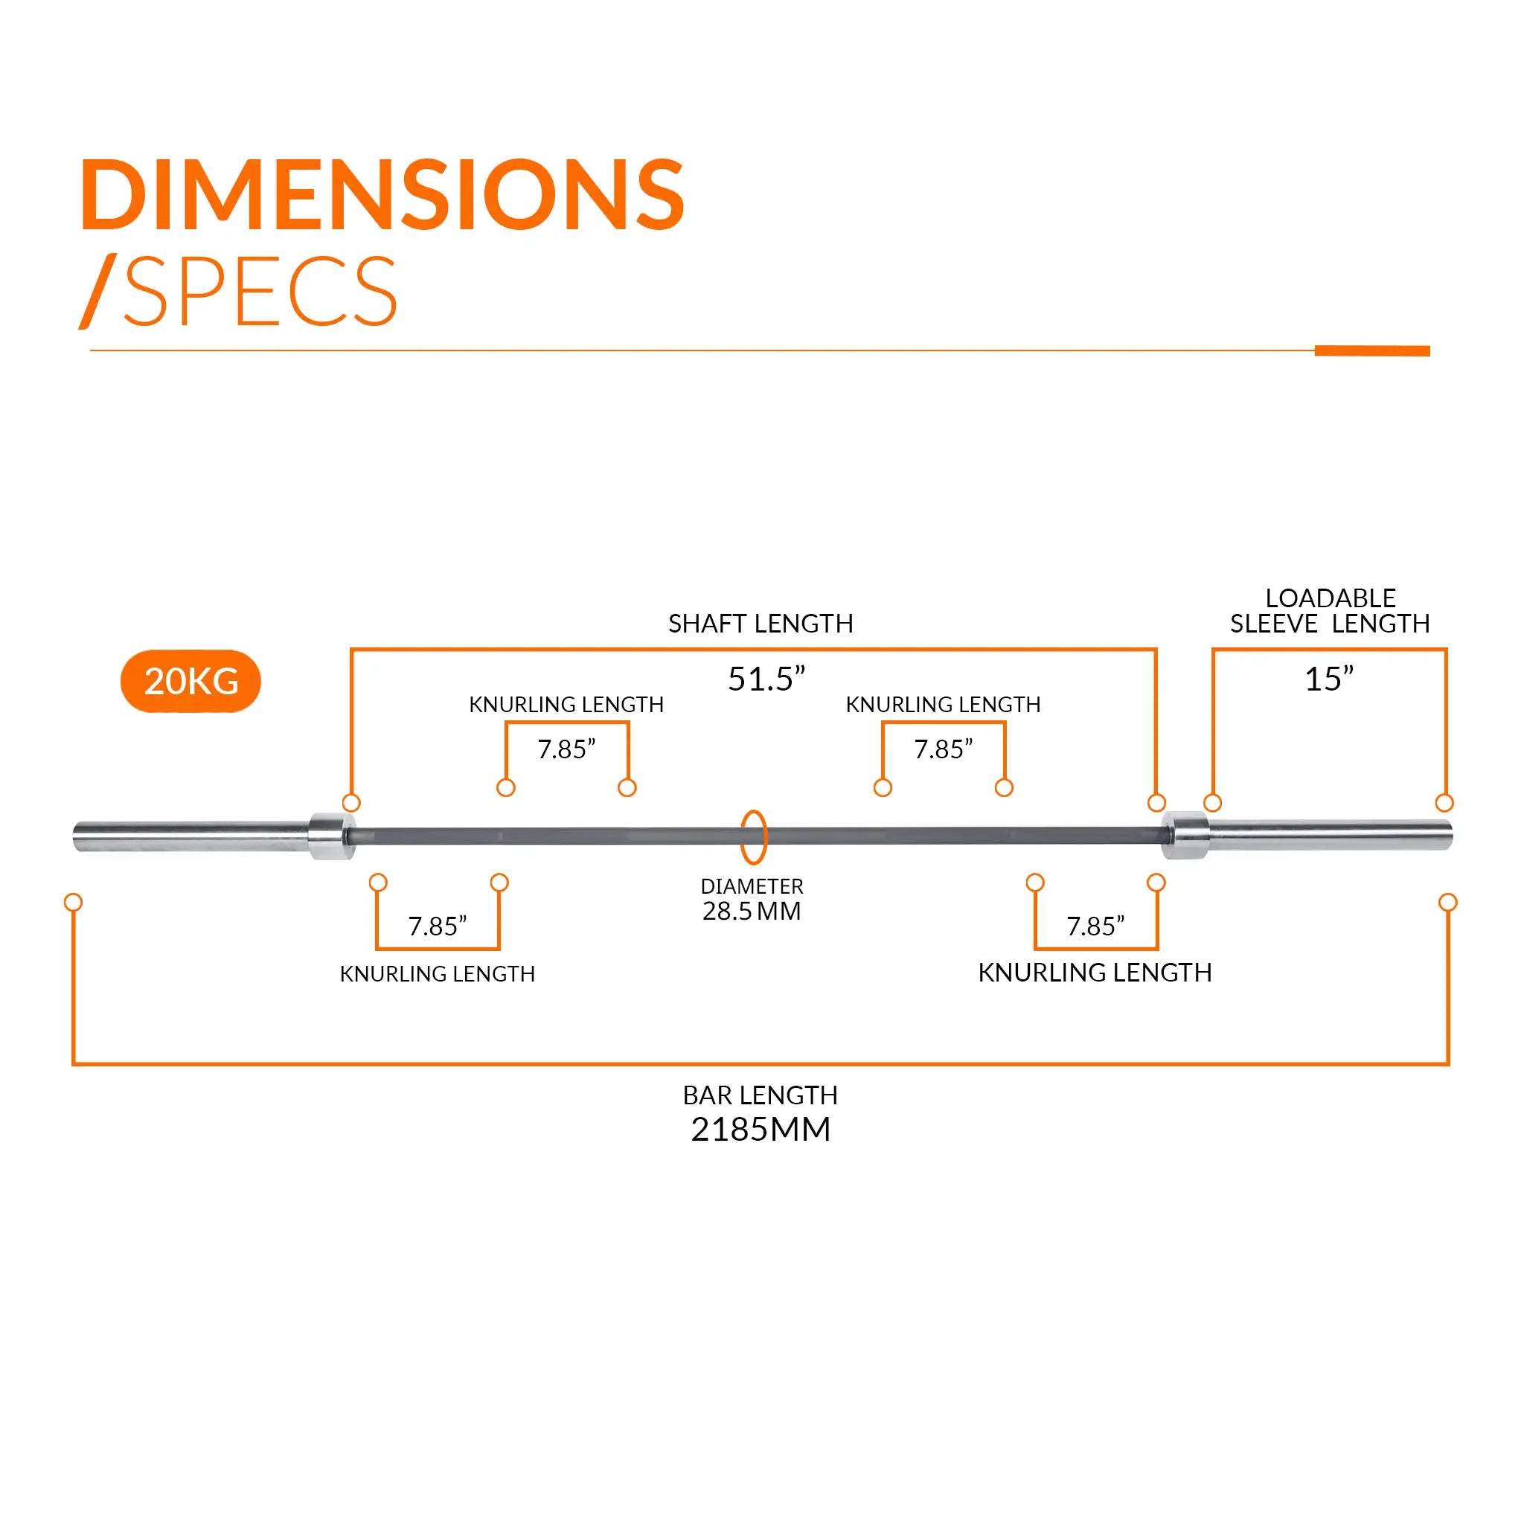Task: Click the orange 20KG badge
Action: [190, 681]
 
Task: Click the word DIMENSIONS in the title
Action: [382, 195]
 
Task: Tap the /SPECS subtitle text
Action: [240, 291]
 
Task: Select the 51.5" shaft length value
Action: [766, 679]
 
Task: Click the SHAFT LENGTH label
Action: [761, 624]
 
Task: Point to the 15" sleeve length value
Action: [1328, 679]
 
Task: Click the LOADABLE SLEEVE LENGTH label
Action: [1330, 612]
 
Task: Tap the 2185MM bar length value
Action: [761, 1130]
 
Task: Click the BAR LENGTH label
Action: [761, 1095]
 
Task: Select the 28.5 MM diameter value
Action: [752, 911]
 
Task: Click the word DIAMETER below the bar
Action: [752, 886]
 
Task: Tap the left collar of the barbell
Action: [331, 836]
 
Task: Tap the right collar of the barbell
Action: [1185, 836]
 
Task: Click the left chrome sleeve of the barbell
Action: [189, 837]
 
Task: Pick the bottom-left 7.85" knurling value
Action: [437, 926]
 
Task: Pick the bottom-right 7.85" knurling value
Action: [1095, 926]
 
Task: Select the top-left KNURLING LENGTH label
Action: [566, 705]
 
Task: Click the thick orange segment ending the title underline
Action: [1371, 351]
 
